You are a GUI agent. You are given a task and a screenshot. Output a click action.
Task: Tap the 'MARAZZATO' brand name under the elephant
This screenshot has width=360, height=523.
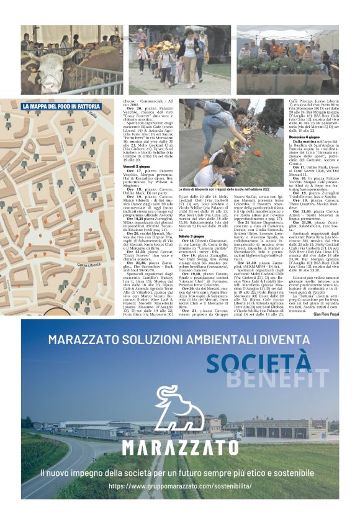click(x=179, y=447)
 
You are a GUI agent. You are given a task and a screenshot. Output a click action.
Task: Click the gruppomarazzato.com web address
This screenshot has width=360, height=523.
click(x=179, y=486)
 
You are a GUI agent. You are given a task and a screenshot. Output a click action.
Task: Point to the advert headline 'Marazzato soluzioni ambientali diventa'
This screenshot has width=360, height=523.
click(x=179, y=339)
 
